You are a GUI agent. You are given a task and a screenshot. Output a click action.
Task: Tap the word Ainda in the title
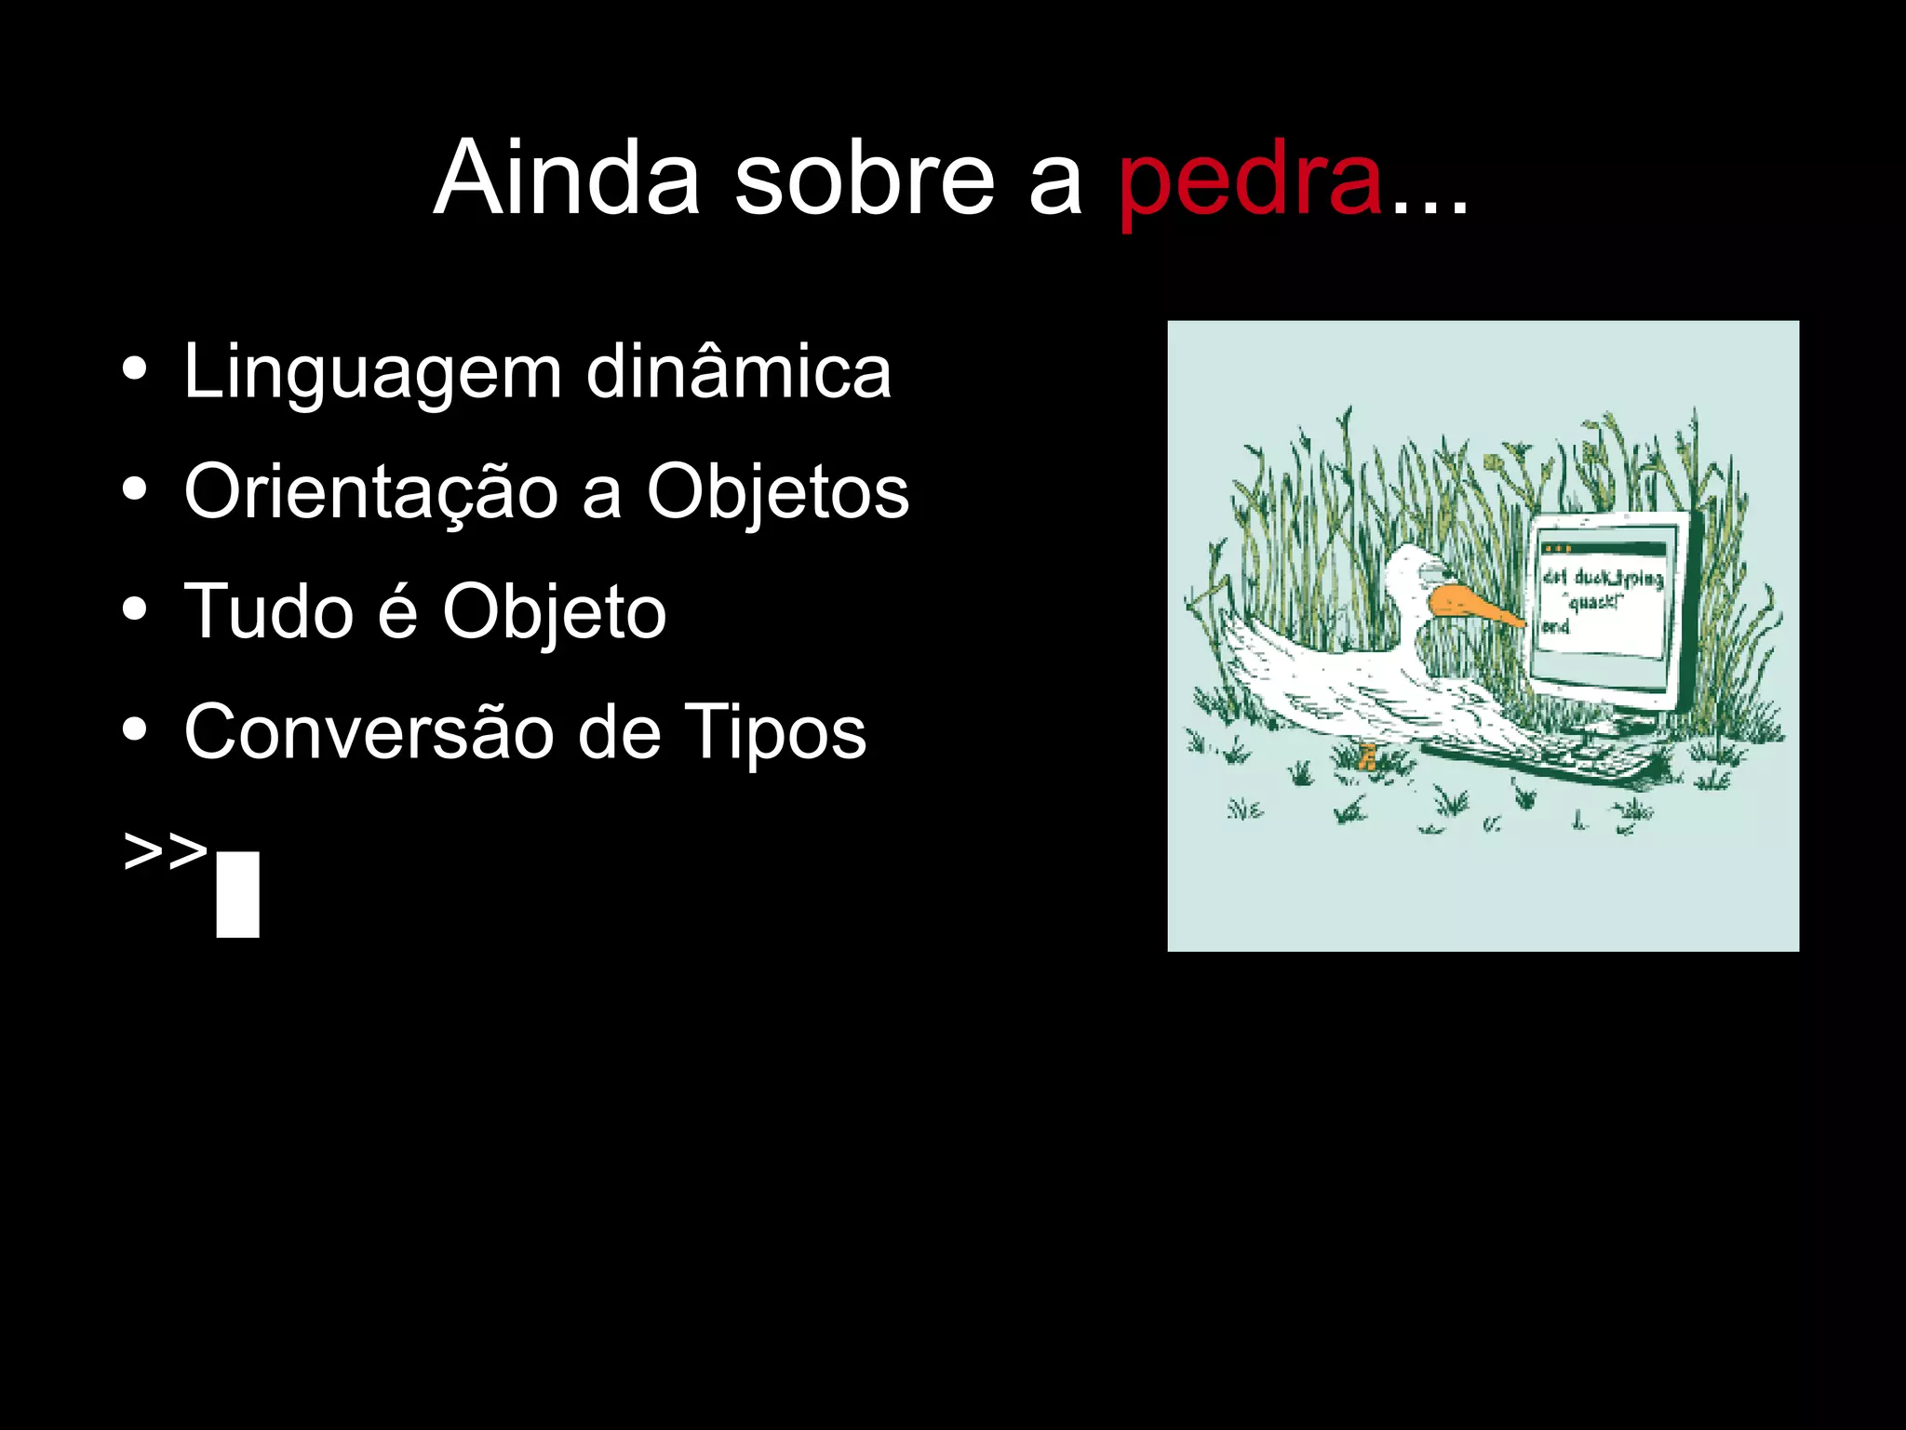pos(567,179)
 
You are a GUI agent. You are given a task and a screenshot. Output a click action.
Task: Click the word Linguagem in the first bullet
pos(372,373)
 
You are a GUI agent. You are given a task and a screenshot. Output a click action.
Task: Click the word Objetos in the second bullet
pos(777,493)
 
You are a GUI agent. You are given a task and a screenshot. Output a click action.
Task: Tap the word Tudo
pos(269,611)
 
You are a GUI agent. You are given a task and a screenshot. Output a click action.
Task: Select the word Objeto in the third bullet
pos(554,613)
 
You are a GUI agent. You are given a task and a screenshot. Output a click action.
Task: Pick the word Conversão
pos(370,731)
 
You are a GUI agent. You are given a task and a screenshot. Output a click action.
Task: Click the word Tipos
pos(774,733)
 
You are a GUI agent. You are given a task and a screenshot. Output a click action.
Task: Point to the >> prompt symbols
pos(165,850)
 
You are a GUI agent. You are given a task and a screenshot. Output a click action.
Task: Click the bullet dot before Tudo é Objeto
pos(135,609)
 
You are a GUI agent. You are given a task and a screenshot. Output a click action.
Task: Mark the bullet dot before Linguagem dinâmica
pos(135,368)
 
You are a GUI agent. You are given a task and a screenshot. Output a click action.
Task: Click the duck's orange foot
pos(1367,757)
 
